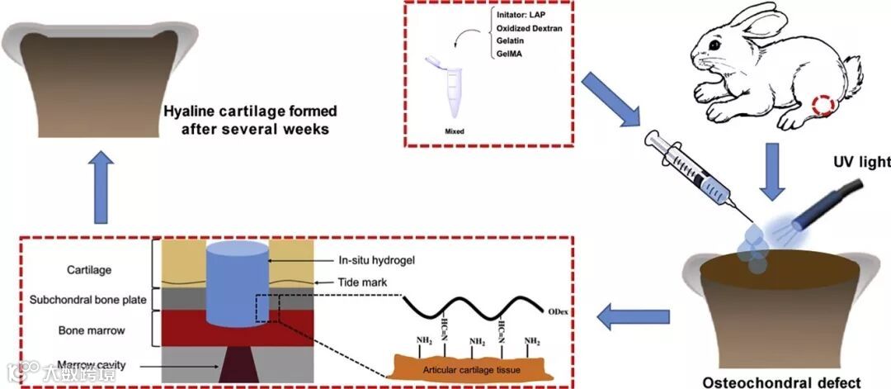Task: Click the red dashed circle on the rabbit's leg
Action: coord(824,106)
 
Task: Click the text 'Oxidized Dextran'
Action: coord(527,28)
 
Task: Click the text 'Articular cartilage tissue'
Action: coord(472,368)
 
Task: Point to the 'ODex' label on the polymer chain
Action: coord(570,310)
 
